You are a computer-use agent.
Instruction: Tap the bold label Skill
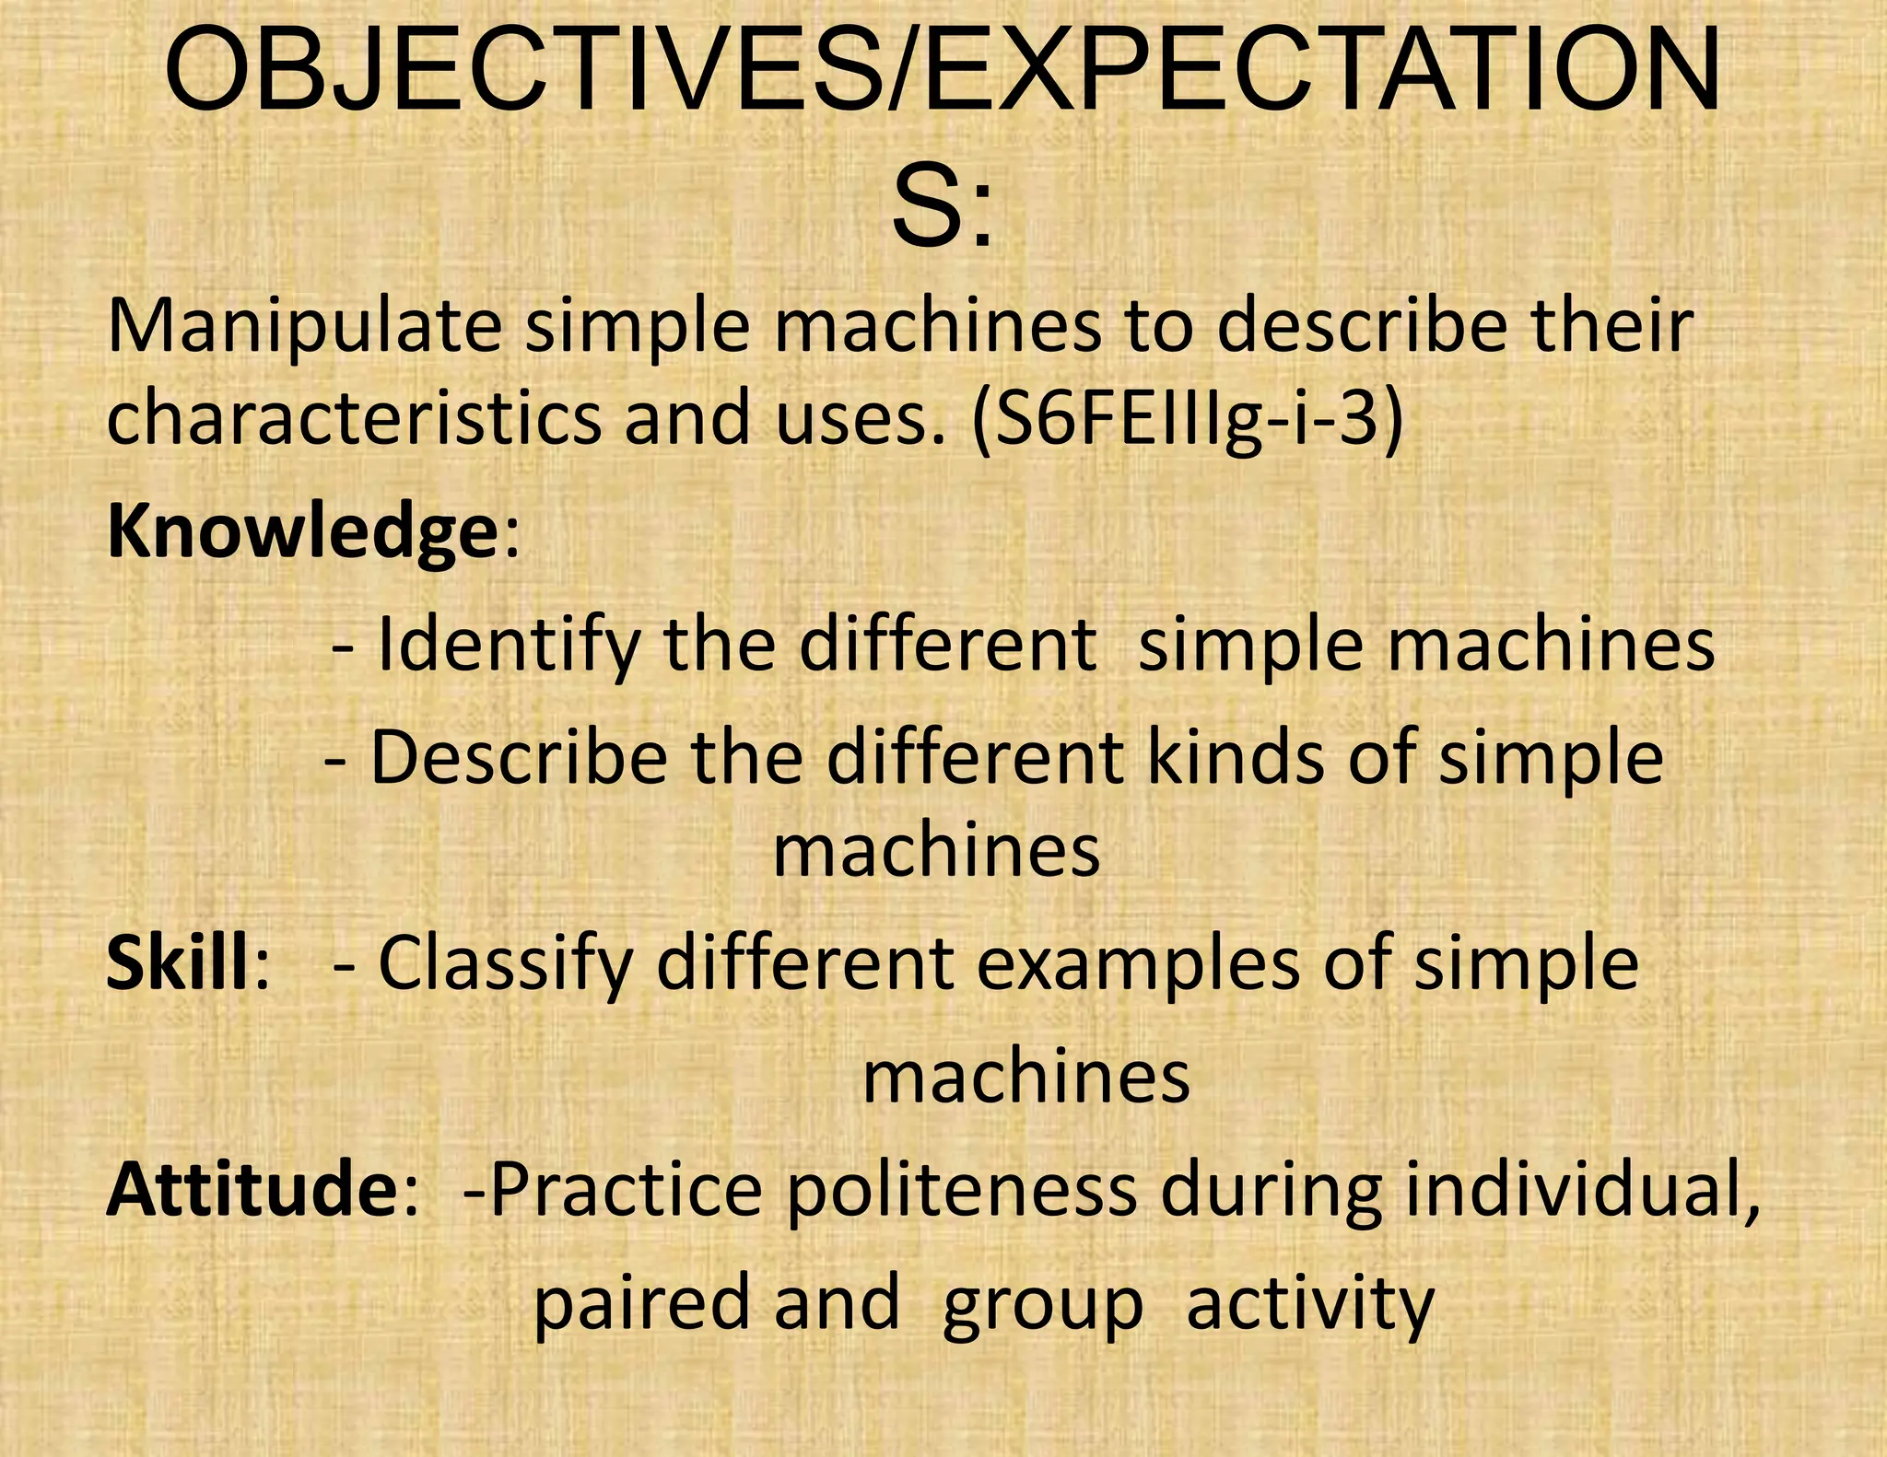[x=179, y=963]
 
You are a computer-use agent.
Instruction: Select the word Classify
[x=506, y=963]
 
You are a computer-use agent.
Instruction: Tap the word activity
[x=1310, y=1304]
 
